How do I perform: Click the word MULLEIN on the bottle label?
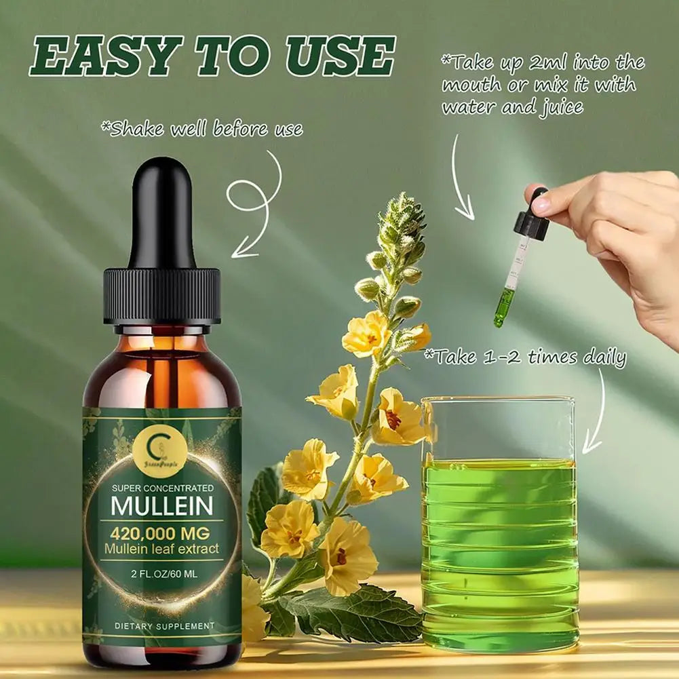(x=161, y=507)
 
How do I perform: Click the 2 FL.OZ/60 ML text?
(x=161, y=575)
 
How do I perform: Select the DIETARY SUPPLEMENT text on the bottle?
(x=165, y=625)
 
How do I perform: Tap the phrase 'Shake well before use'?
(x=201, y=128)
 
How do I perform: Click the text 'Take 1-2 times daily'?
(x=524, y=357)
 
